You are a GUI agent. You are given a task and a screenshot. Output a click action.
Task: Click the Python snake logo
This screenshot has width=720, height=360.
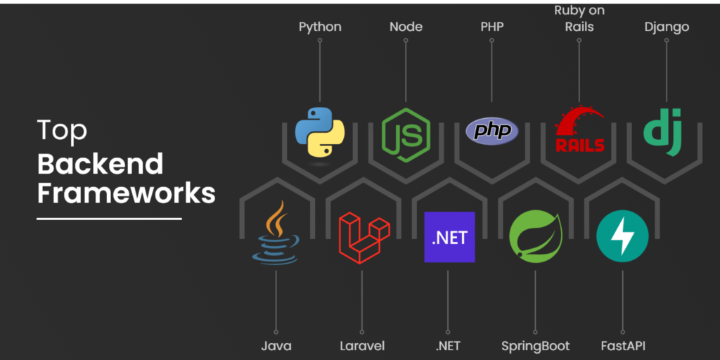coord(320,131)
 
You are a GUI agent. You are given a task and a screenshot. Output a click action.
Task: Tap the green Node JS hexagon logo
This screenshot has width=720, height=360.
coord(406,135)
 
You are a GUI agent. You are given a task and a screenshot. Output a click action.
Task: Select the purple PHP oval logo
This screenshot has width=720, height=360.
coord(491,131)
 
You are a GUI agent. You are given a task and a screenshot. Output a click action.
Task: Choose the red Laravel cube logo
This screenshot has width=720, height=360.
coord(364,238)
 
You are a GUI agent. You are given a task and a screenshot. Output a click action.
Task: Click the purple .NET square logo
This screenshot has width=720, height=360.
coord(449,237)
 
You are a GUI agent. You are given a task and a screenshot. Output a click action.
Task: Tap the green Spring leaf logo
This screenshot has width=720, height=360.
coord(536,237)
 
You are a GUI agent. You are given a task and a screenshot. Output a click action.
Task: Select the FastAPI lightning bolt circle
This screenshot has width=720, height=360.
coord(622,236)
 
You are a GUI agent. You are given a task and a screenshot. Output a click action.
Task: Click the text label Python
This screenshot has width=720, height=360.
coord(320,27)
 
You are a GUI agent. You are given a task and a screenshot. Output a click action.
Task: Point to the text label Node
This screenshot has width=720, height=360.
coord(406,27)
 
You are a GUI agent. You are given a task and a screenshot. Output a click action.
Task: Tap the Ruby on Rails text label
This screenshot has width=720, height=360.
coord(579,18)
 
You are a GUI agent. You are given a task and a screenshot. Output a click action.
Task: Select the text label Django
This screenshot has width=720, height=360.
coord(667,27)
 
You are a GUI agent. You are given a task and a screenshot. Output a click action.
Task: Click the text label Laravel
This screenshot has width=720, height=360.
coord(362,346)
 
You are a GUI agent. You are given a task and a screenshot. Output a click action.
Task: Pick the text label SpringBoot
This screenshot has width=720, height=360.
coord(535,346)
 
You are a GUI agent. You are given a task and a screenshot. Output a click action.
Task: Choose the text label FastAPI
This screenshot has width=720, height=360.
coord(623,346)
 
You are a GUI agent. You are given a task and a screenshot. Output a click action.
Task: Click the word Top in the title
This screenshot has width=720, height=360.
coord(62,130)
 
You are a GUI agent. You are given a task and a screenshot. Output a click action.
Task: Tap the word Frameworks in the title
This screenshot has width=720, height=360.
coord(127,194)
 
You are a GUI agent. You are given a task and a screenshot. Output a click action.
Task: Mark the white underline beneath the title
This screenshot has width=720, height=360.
coord(109,219)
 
